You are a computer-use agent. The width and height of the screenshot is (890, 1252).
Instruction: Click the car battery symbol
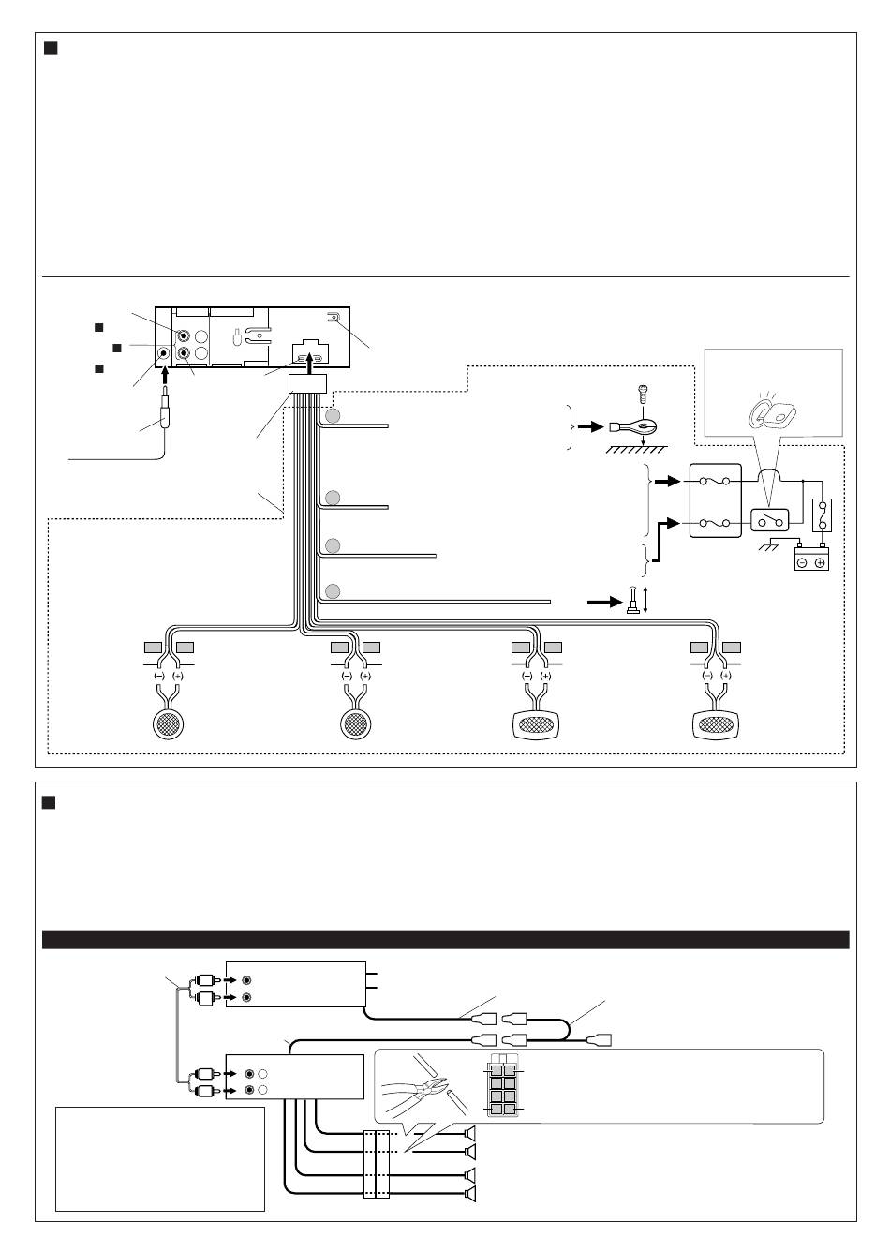(811, 559)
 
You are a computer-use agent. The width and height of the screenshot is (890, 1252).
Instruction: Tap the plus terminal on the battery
(820, 562)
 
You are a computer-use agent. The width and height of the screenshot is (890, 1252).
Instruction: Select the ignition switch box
(769, 520)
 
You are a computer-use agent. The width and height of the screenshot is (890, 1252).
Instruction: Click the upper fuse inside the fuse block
(715, 482)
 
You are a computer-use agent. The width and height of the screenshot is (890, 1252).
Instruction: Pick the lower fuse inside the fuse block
(715, 523)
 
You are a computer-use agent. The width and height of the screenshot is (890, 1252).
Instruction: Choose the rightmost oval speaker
(717, 725)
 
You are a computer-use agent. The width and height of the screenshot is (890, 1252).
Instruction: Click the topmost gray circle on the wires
(333, 416)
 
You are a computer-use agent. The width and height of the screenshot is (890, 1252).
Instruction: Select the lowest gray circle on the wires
(333, 590)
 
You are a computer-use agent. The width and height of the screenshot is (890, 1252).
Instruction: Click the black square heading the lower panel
(49, 802)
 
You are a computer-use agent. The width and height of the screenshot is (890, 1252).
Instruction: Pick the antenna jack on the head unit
(163, 354)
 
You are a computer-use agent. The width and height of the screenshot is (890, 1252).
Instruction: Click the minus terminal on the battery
(802, 562)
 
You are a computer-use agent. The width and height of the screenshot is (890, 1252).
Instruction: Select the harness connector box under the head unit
(308, 384)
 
